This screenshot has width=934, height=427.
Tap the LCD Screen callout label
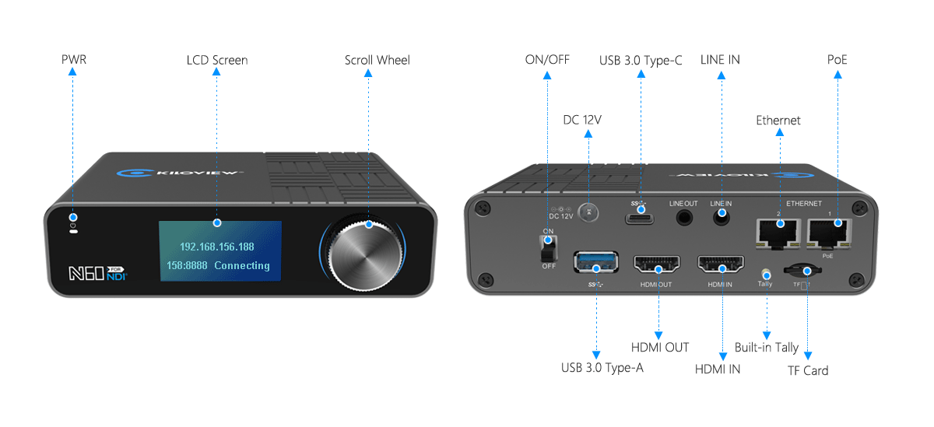click(x=217, y=60)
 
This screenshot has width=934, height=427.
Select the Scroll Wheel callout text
click(x=377, y=60)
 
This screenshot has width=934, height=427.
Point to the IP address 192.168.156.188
click(x=217, y=247)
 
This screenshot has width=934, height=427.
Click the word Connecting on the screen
click(x=242, y=265)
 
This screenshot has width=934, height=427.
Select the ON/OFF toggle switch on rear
click(x=549, y=248)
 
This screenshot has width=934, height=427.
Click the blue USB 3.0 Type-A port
click(x=596, y=262)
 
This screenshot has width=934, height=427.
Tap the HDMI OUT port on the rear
click(x=658, y=264)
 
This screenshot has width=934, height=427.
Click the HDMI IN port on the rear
click(x=721, y=264)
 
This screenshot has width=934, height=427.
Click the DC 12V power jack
click(x=589, y=211)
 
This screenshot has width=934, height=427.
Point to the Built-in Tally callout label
click(x=767, y=347)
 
